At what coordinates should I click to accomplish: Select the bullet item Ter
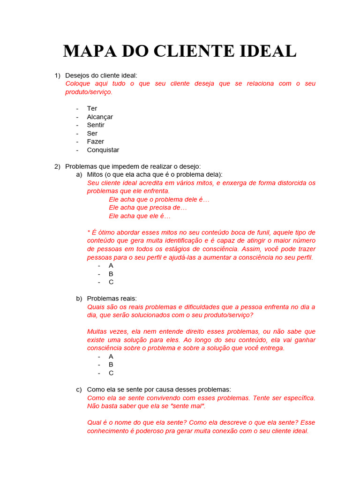(92, 108)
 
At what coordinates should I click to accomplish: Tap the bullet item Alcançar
(100, 117)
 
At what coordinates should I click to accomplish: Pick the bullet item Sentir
(96, 125)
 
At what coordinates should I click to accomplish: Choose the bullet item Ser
(92, 134)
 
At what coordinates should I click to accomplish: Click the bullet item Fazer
(96, 142)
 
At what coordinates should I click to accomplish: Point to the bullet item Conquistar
(103, 150)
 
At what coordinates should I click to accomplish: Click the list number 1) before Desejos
(57, 75)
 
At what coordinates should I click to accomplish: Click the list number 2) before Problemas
(57, 166)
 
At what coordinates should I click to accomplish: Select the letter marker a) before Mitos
(79, 174)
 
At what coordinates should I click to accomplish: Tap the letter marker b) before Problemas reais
(79, 299)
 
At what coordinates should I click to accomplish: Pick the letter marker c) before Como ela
(79, 390)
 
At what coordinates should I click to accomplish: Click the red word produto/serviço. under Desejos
(89, 92)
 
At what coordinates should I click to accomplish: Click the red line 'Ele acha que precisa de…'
(148, 208)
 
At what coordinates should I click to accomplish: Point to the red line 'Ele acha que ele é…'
(140, 216)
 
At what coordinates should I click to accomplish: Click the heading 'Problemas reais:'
(112, 299)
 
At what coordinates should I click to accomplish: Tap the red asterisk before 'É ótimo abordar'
(89, 232)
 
